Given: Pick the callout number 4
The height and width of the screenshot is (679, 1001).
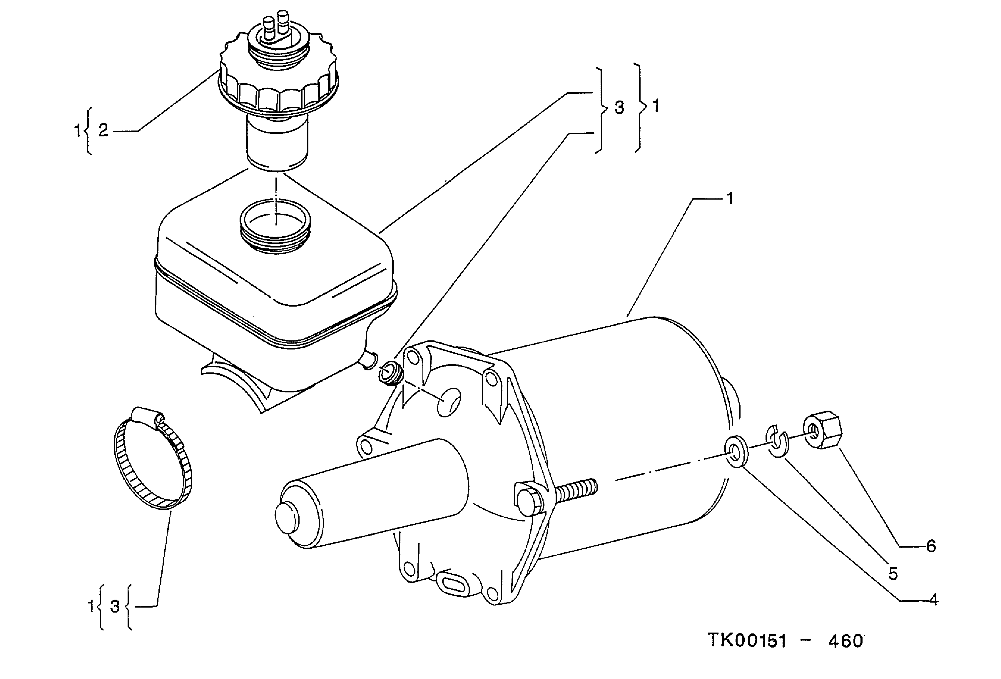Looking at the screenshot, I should click(x=933, y=600).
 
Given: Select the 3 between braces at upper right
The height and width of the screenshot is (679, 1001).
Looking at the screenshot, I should click(x=619, y=108).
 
